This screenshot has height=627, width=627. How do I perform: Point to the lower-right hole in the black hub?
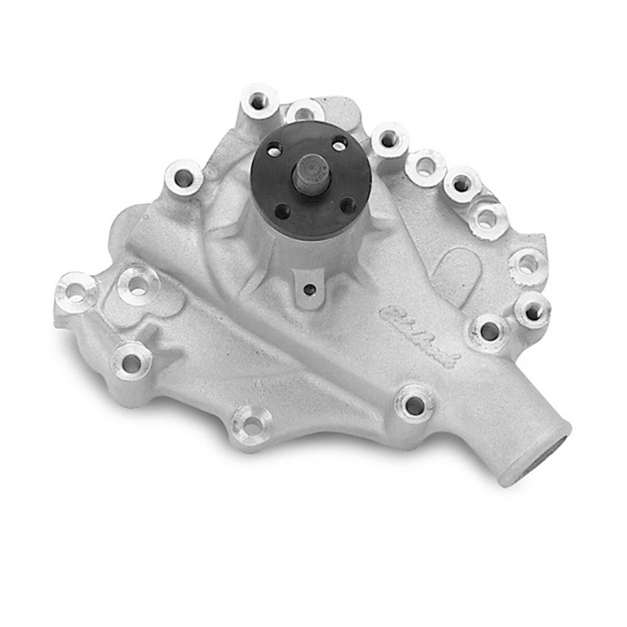(x=347, y=204)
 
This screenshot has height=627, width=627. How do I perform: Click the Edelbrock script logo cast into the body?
(x=419, y=338)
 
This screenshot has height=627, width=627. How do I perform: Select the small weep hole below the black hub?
(x=310, y=288)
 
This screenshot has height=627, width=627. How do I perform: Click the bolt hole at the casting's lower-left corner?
(x=131, y=362)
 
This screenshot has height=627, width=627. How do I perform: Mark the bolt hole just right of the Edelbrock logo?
(x=489, y=331)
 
